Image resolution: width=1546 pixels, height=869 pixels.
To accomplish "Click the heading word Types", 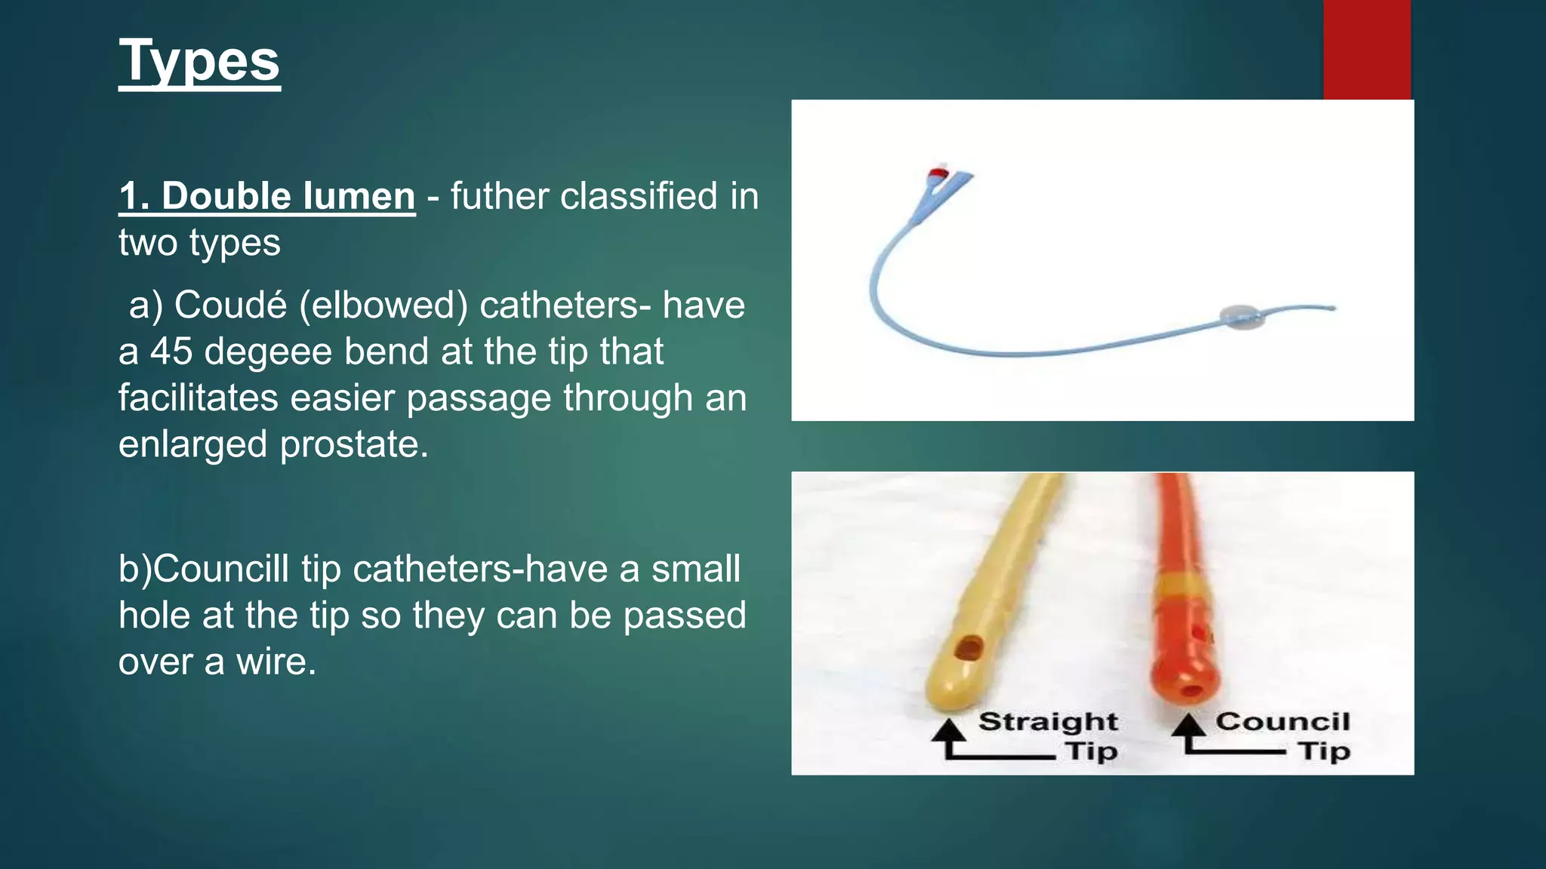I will click(x=199, y=62).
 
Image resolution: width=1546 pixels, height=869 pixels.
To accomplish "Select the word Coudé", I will click(x=230, y=306).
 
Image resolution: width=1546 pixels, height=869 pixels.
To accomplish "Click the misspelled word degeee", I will click(x=268, y=352).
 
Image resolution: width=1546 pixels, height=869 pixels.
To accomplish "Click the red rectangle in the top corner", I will click(x=1366, y=50).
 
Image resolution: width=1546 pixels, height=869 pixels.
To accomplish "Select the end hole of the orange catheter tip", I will click(x=1190, y=689).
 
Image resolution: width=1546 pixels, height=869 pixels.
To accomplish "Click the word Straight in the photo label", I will click(x=1048, y=722).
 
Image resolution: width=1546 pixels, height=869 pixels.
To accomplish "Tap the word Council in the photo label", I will click(x=1282, y=722).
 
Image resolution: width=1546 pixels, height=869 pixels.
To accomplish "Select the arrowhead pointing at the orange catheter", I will click(x=1190, y=726).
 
